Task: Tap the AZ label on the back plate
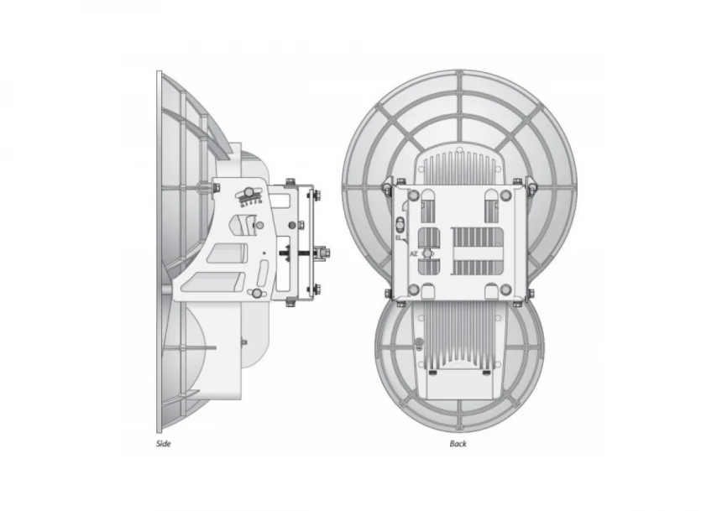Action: coord(413,253)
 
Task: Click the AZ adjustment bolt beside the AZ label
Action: coord(426,253)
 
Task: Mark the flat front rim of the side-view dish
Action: coord(159,252)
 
